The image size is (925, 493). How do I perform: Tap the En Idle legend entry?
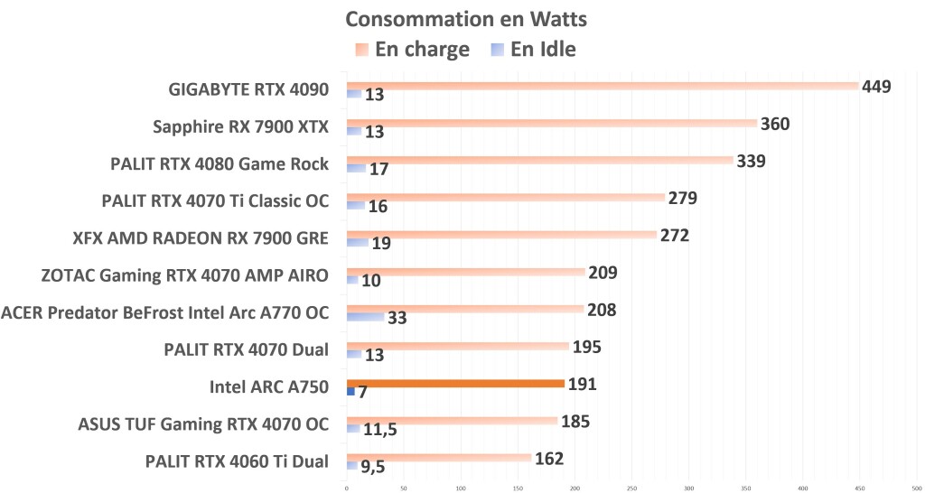point(532,49)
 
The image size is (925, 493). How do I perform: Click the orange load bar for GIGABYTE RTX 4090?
point(602,86)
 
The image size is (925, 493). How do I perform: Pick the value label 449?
point(876,87)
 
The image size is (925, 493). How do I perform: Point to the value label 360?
point(775,124)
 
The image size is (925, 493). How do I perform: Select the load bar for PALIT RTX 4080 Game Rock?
point(539,161)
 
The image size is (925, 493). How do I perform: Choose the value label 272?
point(674,236)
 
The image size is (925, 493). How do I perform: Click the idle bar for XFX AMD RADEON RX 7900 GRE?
point(357,243)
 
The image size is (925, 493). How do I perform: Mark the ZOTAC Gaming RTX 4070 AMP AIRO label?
point(185,275)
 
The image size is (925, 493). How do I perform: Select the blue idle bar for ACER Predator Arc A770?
point(365,317)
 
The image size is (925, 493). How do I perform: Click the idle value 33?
point(397,318)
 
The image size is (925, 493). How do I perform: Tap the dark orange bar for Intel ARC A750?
point(455,384)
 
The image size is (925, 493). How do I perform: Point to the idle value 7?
point(362,393)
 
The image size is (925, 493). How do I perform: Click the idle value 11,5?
point(379,430)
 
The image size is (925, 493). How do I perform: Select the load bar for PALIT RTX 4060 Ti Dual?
point(438,458)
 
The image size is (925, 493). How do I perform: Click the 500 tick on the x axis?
point(917,488)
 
